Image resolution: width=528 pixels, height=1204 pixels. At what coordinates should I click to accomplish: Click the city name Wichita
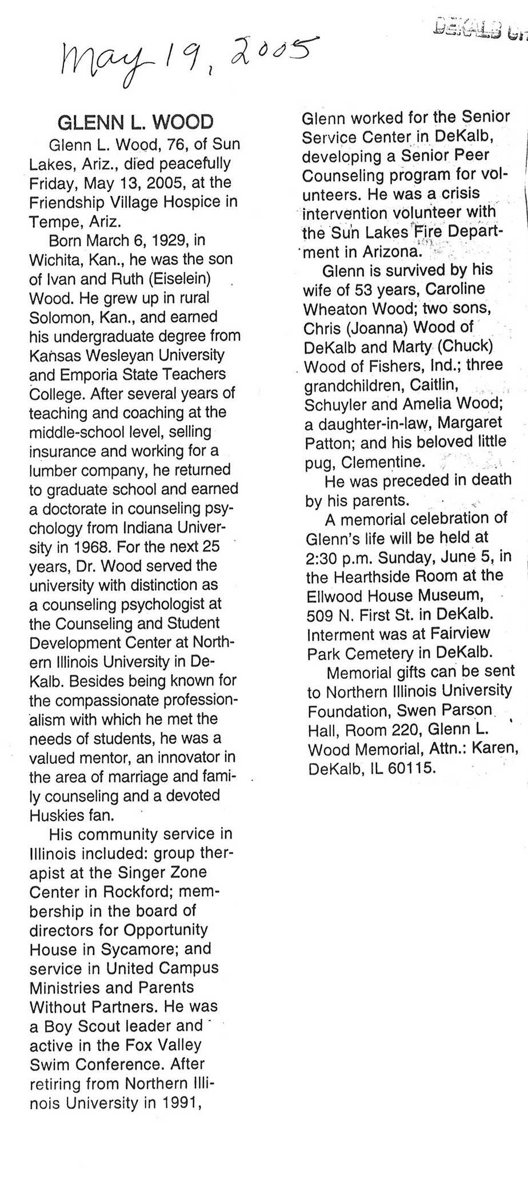[56, 260]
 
